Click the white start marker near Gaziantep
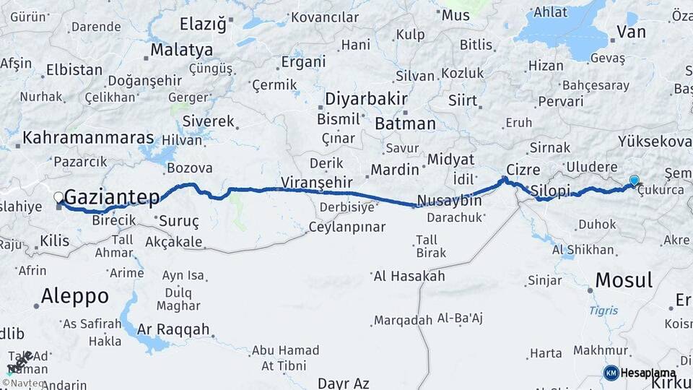click(58, 197)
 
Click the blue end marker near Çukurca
click(634, 181)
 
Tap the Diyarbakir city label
click(366, 98)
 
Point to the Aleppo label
click(74, 296)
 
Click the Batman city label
click(404, 123)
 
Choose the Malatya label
click(182, 50)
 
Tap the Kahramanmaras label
click(88, 137)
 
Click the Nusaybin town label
click(450, 201)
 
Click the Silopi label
click(549, 191)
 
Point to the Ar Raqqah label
click(173, 329)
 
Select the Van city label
click(632, 31)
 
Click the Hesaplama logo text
click(648, 373)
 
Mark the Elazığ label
click(202, 24)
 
